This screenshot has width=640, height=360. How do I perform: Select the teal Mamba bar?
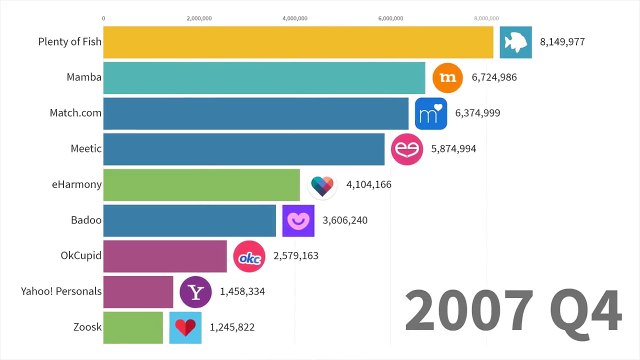coord(264,78)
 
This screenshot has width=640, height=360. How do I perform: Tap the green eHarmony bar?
coord(201,185)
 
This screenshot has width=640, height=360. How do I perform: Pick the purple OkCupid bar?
coord(165,256)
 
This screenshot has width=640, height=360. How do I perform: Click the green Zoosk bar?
coord(133,327)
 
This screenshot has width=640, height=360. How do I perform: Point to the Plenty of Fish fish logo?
coord(515,42)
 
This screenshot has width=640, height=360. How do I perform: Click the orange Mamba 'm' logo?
coord(447,78)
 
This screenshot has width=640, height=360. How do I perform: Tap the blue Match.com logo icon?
coord(430,113)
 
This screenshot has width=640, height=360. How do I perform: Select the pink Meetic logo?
coord(406,149)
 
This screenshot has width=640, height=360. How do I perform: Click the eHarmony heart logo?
coord(321,185)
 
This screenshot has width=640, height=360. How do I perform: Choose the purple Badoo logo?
coord(297,220)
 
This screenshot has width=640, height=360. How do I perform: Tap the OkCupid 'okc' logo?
coord(248,256)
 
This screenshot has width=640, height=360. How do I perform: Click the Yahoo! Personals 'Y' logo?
coord(195,292)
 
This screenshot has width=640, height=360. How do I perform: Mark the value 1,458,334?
coord(243,292)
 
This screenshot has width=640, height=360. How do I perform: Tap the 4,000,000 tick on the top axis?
coord(295,18)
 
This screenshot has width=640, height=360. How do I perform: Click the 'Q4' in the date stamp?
coord(579,314)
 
